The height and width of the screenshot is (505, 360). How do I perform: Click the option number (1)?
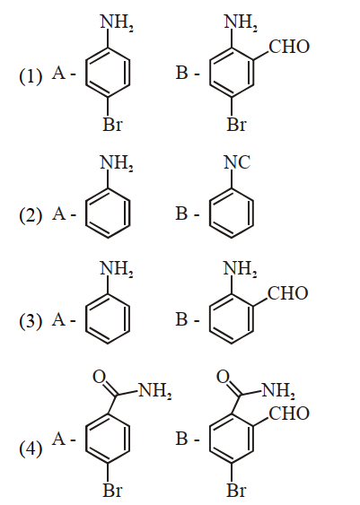31,77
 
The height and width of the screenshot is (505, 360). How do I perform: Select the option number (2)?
31,215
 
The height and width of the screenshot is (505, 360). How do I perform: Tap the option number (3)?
31,321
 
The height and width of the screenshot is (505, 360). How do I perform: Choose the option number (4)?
31,448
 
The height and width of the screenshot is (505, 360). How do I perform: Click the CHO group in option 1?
289,47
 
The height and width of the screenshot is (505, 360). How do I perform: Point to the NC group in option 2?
237,162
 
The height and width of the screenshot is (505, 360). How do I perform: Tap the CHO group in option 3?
288,293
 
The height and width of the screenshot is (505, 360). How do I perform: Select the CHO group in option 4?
289,414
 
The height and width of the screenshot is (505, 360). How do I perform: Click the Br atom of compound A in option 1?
112,125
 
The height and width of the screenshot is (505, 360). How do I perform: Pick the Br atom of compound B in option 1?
237,125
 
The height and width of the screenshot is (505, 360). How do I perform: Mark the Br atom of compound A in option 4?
112,491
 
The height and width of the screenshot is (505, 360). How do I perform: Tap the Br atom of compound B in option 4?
237,491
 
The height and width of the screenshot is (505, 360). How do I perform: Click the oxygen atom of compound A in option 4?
100,377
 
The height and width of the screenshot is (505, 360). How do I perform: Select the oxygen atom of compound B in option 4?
223,377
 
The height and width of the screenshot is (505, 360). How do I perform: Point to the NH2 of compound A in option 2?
117,163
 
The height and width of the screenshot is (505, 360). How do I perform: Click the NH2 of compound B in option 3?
240,268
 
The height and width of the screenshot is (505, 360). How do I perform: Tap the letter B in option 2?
182,213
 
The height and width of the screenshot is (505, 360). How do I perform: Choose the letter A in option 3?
58,319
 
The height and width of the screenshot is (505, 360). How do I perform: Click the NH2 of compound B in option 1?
241,22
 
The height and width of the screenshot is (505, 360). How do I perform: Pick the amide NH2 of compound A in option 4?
154,391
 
